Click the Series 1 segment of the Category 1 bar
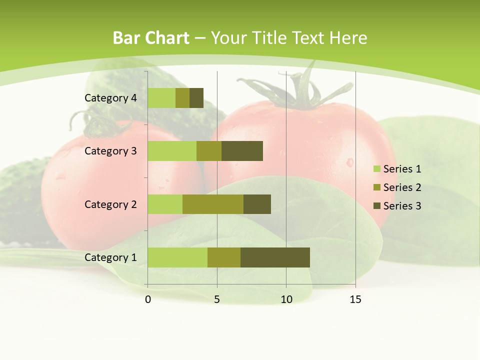point(177,257)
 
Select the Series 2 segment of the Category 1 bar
point(224,257)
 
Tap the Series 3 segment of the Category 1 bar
point(275,257)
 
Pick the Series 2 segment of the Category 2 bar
point(213,204)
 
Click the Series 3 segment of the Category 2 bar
point(257,204)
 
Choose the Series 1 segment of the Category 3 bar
point(172,151)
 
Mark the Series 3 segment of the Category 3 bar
point(242,151)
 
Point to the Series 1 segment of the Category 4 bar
point(161,98)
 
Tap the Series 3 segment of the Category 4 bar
point(196,98)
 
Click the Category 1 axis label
point(110,257)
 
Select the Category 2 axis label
point(110,204)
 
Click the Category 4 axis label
point(110,98)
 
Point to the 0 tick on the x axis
point(148,299)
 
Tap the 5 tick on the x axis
point(217,299)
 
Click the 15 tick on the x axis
point(355,299)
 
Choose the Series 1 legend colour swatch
point(376,169)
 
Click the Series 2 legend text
point(402,187)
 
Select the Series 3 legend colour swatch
point(376,206)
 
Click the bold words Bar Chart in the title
point(150,38)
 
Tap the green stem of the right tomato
point(300,92)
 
